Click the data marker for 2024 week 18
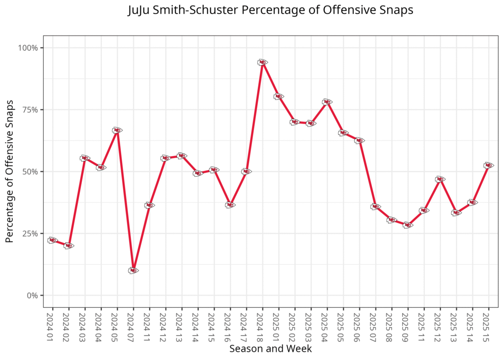[x=262, y=63]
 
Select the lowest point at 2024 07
[x=133, y=270]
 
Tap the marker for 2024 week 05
[x=117, y=131]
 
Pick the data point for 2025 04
[x=327, y=102]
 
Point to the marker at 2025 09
[x=408, y=225]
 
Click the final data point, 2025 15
[x=488, y=165]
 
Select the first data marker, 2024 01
[x=53, y=240]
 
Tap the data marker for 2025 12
[x=440, y=179]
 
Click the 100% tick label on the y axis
[x=28, y=48]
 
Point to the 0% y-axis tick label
[x=32, y=295]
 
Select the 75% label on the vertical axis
[x=30, y=110]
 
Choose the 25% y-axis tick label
[x=30, y=233]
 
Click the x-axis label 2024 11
[x=150, y=326]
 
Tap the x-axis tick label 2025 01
[x=279, y=326]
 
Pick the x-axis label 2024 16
[x=230, y=326]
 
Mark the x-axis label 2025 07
[x=376, y=326]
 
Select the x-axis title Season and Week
[x=270, y=349]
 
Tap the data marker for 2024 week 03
[x=85, y=158]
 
